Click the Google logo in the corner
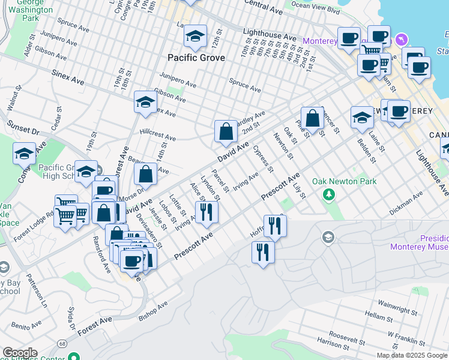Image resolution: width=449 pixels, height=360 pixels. [19, 353]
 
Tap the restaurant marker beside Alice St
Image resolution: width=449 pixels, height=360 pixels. [206, 212]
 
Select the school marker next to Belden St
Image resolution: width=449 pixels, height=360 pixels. [362, 118]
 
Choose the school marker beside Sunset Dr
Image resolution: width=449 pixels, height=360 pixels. [25, 154]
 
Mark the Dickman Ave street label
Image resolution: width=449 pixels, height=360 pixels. [406, 202]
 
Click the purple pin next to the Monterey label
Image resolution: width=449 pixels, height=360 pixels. [401, 40]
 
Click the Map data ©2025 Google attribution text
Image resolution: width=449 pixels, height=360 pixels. [412, 355]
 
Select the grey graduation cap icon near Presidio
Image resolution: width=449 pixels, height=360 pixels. [328, 239]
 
